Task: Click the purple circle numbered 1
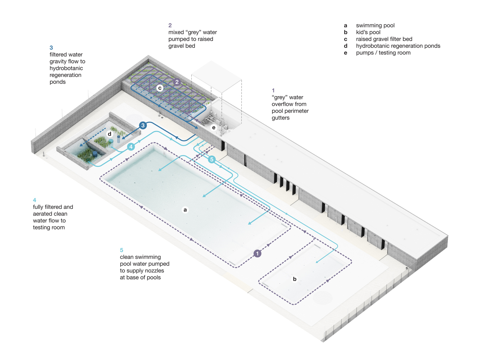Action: pos(257,253)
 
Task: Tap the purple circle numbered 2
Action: pos(177,82)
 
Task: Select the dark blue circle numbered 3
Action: pos(143,125)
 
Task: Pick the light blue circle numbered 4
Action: pos(131,147)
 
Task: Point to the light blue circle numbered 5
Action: pos(212,159)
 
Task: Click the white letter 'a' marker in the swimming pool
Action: pos(185,210)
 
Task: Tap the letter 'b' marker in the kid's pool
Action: pos(295,279)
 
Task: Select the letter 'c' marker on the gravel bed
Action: pos(160,88)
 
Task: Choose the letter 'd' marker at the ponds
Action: pos(110,134)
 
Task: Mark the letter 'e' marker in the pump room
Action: pos(214,127)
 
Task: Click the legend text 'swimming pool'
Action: pos(375,25)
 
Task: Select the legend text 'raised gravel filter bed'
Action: pos(384,39)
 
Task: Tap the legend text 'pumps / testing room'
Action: pos(383,53)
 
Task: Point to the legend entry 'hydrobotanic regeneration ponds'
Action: pos(398,46)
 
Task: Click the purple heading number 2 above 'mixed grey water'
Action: pos(170,25)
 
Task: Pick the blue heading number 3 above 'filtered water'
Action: pos(51,48)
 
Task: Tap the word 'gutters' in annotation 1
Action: pos(281,118)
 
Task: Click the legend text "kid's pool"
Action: pos(368,32)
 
